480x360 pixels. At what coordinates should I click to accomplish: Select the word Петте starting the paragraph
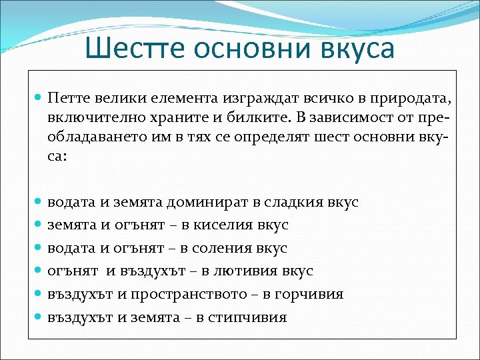tap(69, 99)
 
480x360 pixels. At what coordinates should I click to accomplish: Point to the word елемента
tap(181, 99)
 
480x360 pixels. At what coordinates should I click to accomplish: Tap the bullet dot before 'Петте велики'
tap(39, 99)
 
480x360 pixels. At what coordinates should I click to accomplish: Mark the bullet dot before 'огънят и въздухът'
tap(39, 271)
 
